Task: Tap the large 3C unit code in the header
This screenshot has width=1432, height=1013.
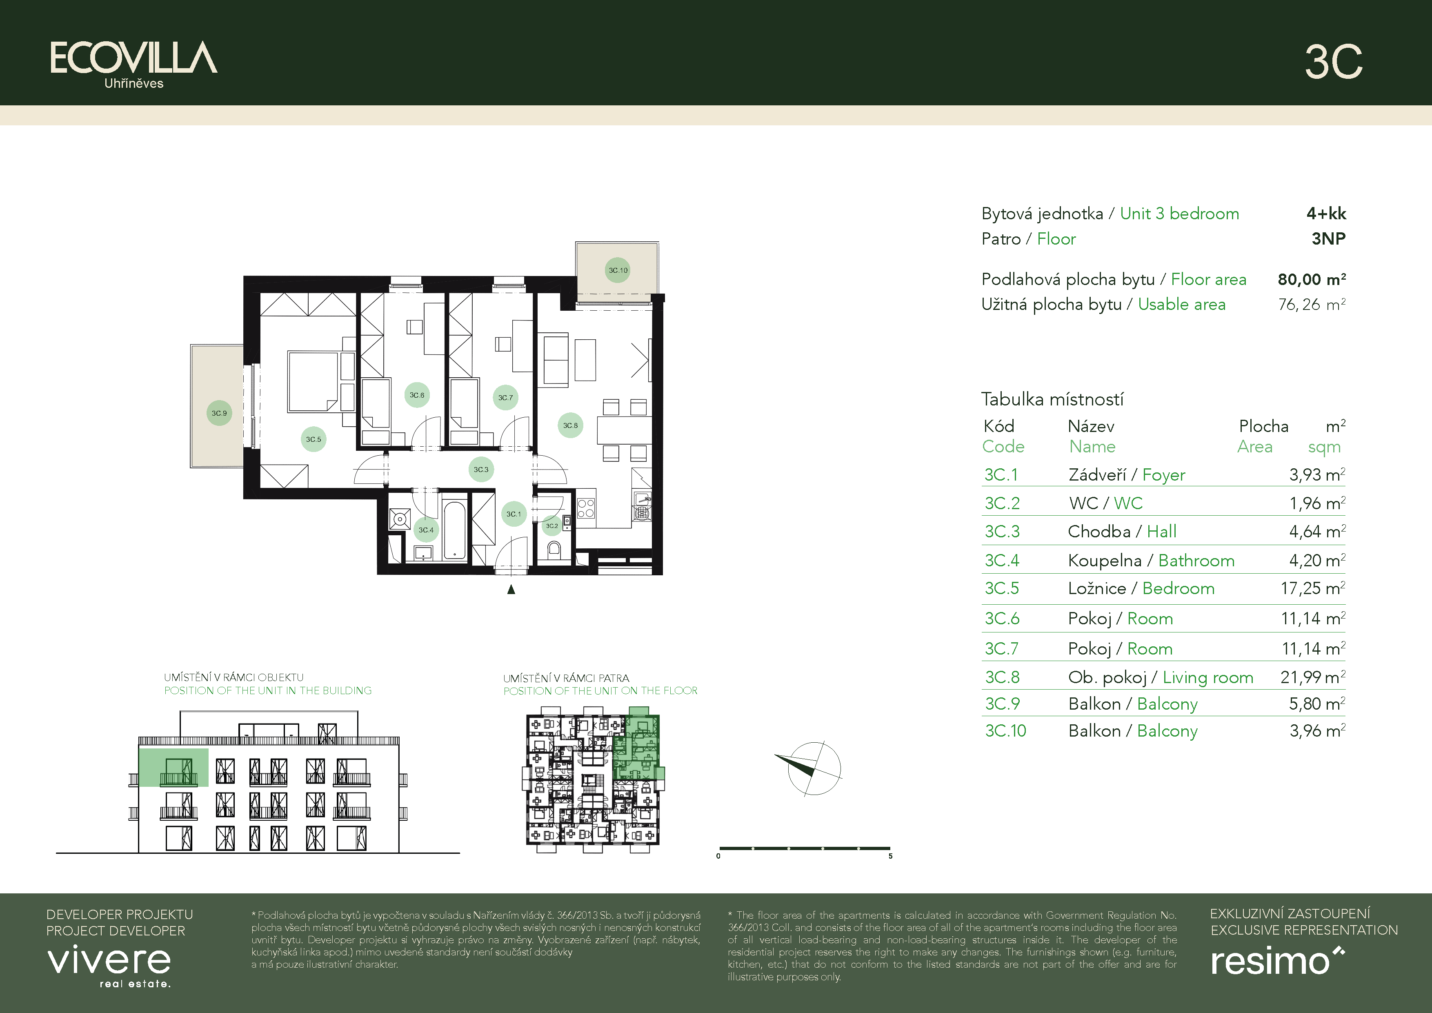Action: click(x=1334, y=62)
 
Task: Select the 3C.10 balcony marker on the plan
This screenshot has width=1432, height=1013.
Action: click(x=618, y=270)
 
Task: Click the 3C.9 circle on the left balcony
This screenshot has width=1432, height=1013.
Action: click(x=219, y=413)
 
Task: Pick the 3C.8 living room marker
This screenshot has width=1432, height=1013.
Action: click(x=570, y=425)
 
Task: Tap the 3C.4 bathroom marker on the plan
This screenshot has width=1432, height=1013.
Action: click(x=426, y=530)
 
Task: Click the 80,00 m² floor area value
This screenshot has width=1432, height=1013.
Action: click(x=1312, y=279)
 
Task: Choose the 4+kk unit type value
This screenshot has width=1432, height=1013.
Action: click(x=1326, y=213)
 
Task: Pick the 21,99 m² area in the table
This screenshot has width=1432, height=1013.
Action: click(x=1312, y=677)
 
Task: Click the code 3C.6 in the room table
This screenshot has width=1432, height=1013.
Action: click(x=1002, y=618)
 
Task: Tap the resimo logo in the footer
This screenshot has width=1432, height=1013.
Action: click(x=1277, y=961)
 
